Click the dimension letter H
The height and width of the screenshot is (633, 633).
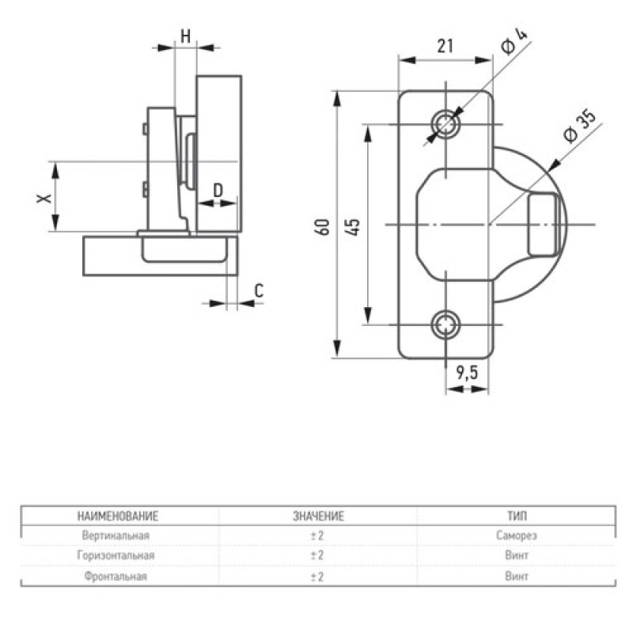[x=185, y=36]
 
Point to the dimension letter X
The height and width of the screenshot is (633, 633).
[x=44, y=199]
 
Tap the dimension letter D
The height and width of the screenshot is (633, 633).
[x=218, y=190]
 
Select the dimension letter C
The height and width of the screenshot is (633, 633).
[x=259, y=290]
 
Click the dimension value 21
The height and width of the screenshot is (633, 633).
[x=445, y=47]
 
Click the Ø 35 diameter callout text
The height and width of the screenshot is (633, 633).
[x=579, y=126]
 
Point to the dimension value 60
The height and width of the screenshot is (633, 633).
[x=324, y=227]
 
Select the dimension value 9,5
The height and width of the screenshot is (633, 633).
[x=467, y=373]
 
